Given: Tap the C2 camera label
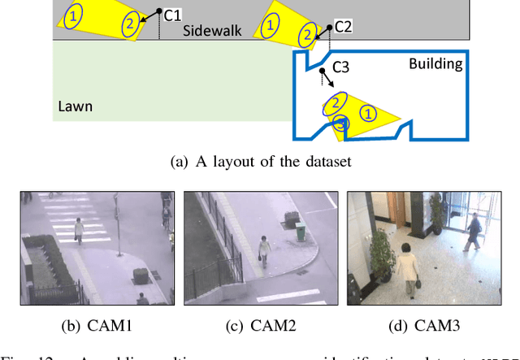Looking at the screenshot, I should tap(342, 27).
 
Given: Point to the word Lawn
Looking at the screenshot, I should tap(76, 106).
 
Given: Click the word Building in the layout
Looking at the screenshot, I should tap(435, 63).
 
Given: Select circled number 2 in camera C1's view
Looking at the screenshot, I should tap(129, 24).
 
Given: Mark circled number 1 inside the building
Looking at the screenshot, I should tap(368, 114).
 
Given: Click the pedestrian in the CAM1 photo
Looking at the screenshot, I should tap(79, 230).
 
